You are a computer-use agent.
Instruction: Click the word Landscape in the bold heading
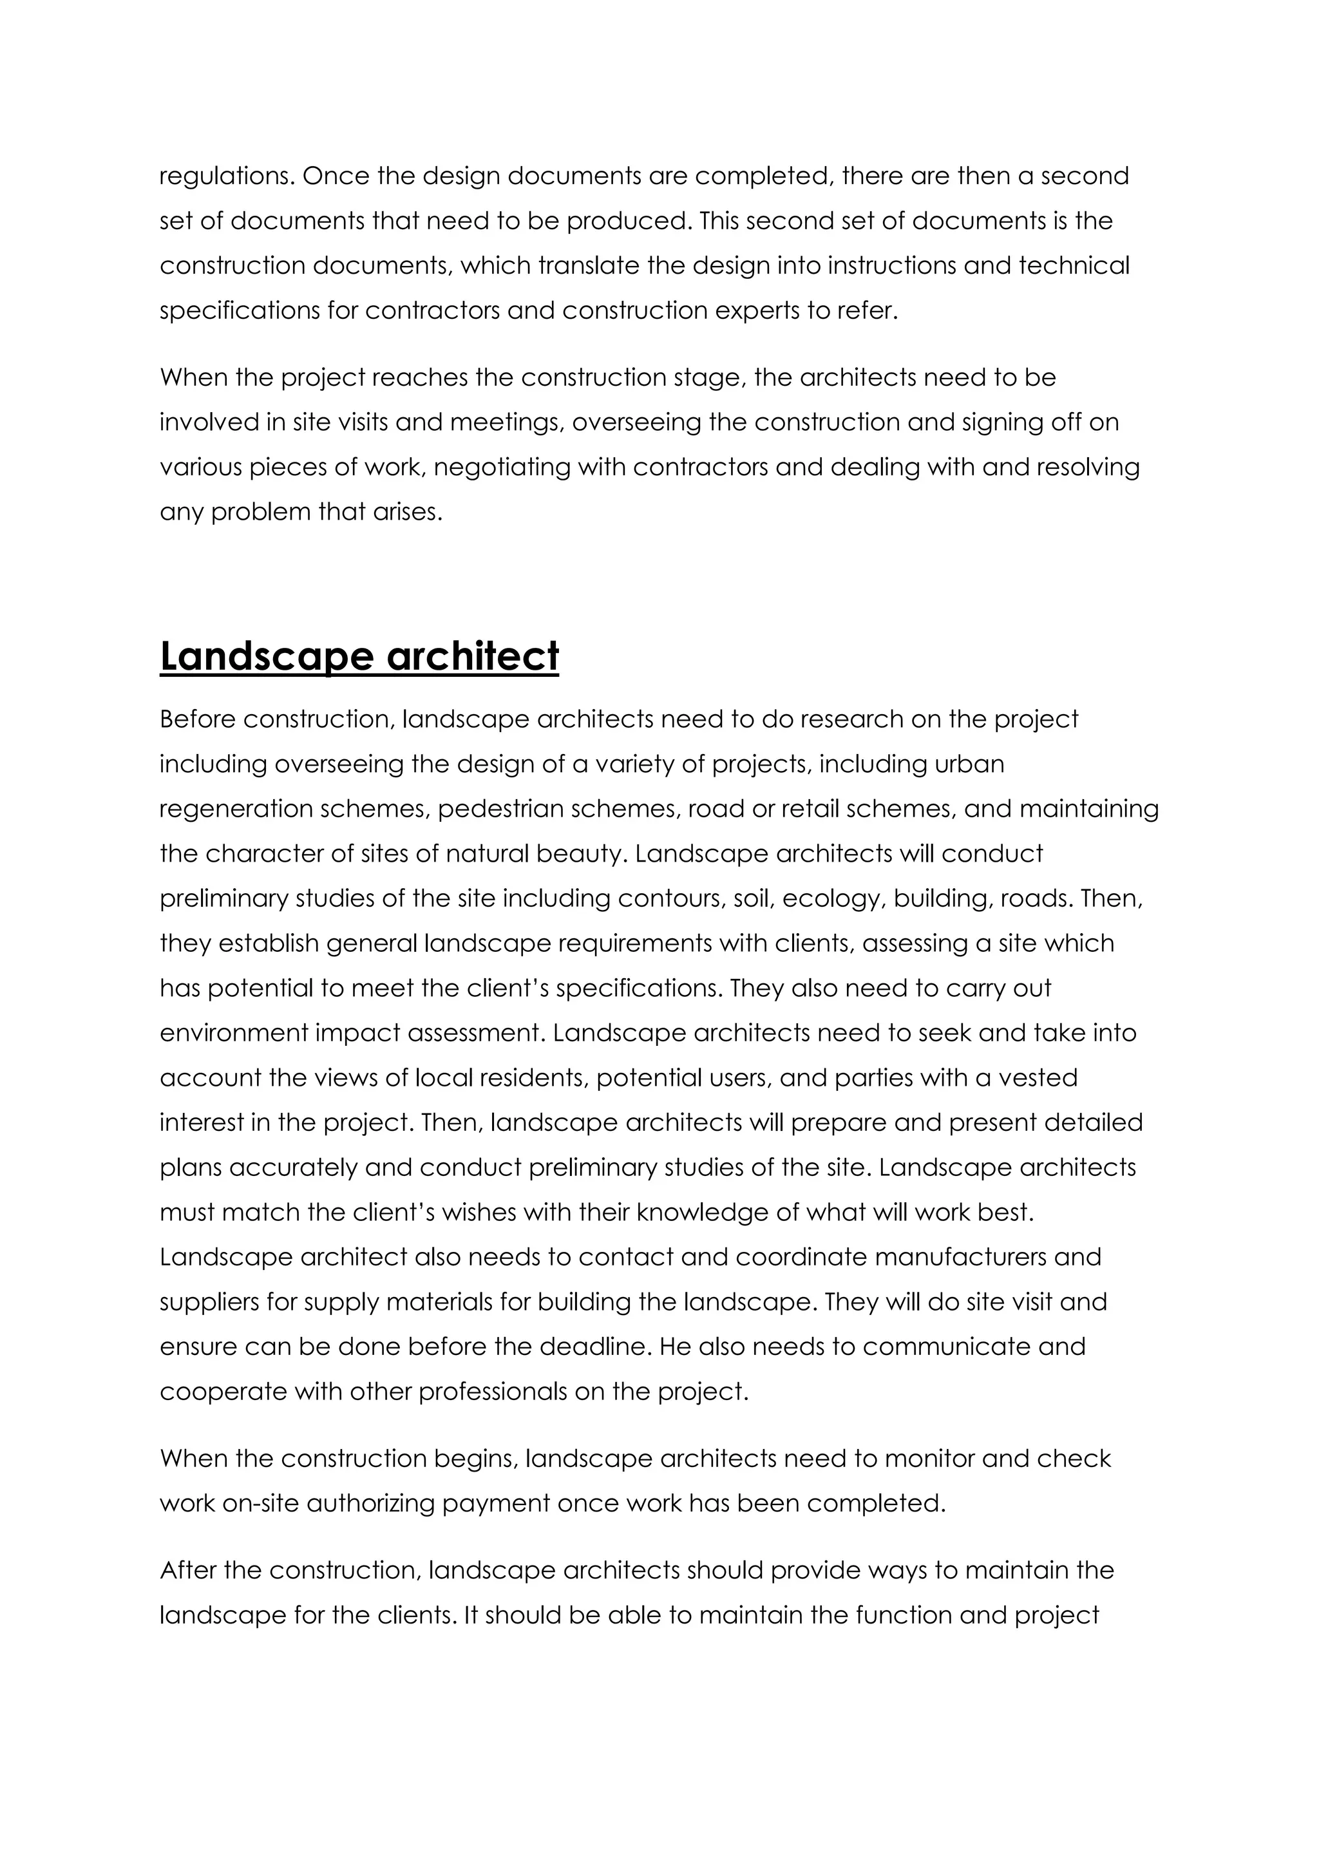pos(267,656)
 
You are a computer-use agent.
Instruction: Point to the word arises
pos(410,512)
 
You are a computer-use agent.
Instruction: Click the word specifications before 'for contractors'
pos(240,311)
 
